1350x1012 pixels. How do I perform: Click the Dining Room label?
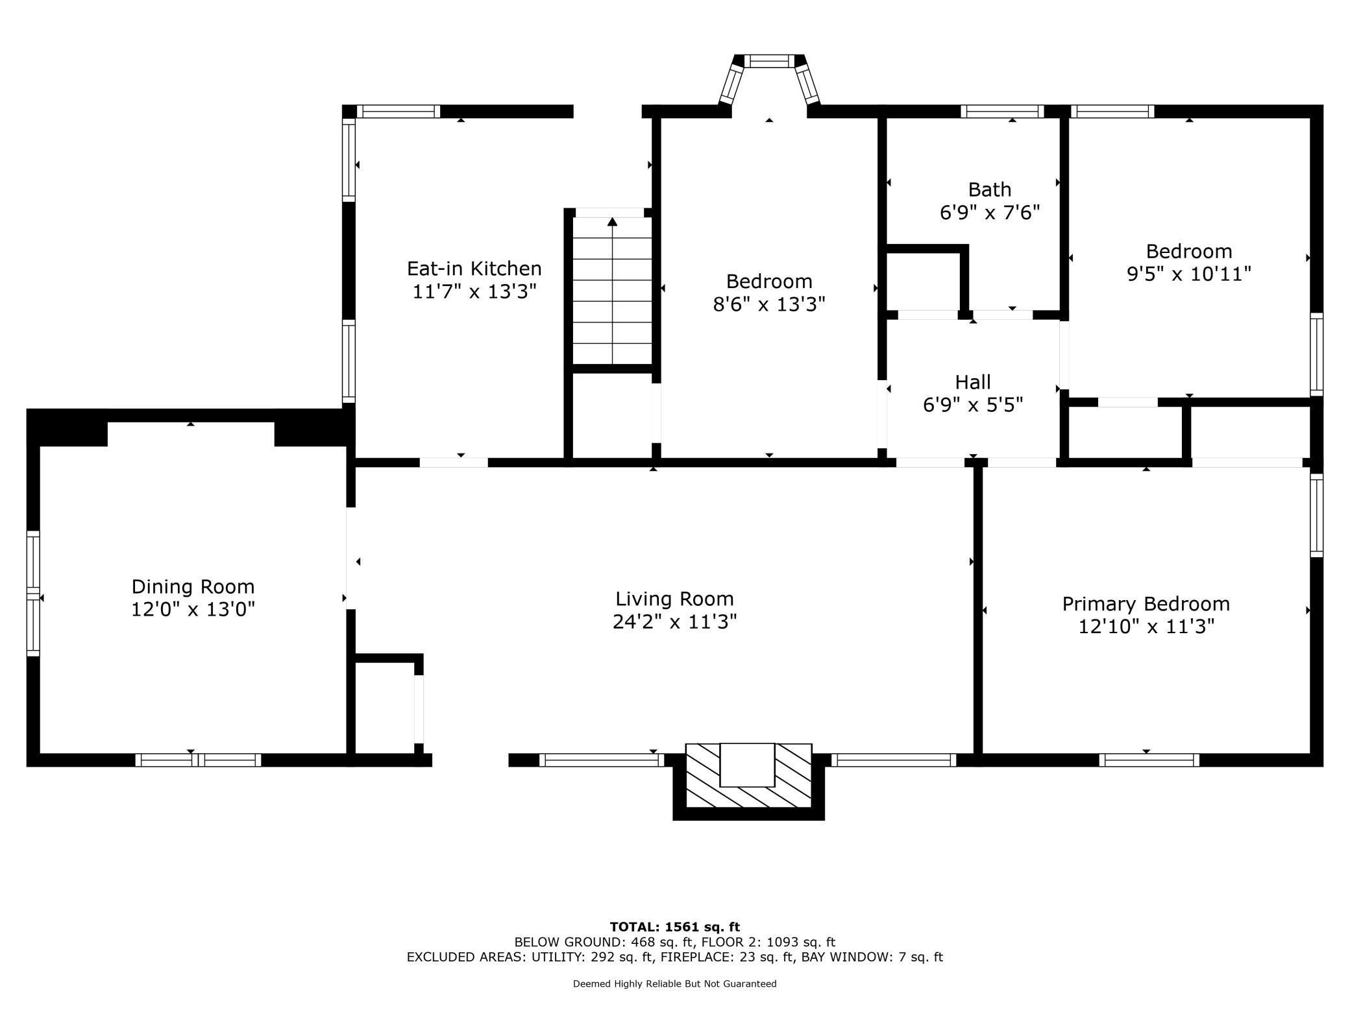point(193,586)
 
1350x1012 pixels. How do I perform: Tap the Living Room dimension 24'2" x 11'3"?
point(674,622)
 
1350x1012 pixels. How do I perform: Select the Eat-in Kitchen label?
point(474,268)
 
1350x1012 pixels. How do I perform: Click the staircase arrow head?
point(612,222)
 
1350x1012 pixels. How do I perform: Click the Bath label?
point(989,189)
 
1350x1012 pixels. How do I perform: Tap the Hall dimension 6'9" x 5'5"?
point(972,405)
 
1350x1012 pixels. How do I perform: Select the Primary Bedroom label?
point(1146,604)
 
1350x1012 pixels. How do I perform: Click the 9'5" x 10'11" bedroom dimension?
point(1188,274)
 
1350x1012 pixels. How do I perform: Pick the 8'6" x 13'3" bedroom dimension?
point(768,304)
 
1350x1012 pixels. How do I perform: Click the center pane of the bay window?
point(768,62)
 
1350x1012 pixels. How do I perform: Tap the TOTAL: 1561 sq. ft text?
point(674,927)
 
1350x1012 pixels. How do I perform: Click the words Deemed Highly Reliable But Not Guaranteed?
point(674,983)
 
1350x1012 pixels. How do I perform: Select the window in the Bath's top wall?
point(1002,111)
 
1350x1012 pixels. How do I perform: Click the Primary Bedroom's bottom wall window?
point(1149,760)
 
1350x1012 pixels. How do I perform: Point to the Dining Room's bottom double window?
point(198,760)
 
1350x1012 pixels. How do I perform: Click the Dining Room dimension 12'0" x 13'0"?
point(193,610)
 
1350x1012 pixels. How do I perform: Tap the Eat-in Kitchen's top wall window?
point(399,111)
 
